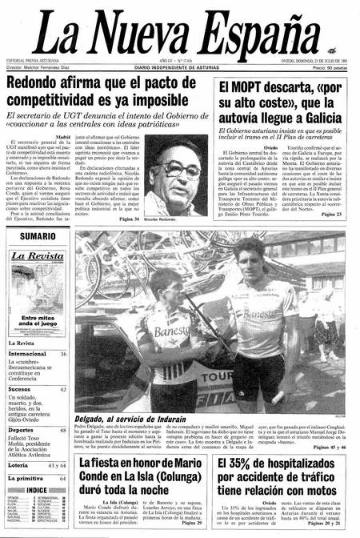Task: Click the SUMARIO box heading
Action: pos(37,237)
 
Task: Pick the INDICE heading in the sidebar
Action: pos(37,490)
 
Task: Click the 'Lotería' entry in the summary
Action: pos(19,465)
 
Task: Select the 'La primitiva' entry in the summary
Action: pos(26,479)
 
